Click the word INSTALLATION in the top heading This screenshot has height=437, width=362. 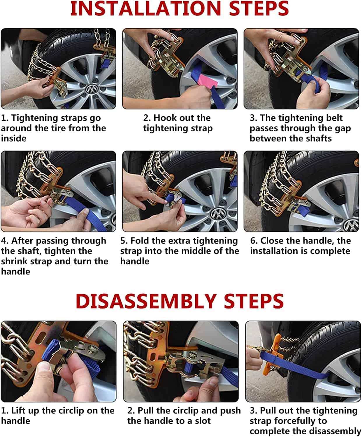pyautogui.click(x=146, y=8)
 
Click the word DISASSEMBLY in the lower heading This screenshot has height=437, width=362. pyautogui.click(x=146, y=301)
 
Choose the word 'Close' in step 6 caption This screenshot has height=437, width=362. pyautogui.click(x=272, y=241)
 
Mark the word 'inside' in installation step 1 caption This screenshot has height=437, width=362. pyautogui.click(x=14, y=138)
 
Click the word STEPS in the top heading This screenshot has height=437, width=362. pyautogui.click(x=259, y=8)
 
